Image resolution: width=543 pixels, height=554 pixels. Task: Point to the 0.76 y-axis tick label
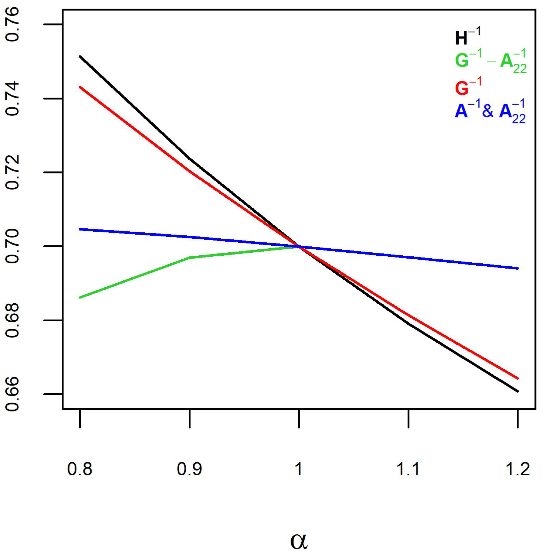point(13,24)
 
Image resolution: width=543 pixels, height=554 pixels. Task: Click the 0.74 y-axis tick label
point(13,99)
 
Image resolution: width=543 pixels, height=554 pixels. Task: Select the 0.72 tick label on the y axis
point(13,172)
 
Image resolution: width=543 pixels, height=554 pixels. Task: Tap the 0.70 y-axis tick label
point(13,246)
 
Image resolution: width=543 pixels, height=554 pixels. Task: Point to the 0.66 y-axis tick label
point(13,394)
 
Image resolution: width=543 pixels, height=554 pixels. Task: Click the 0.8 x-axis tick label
point(80,469)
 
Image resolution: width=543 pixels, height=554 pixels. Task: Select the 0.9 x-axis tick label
point(189,469)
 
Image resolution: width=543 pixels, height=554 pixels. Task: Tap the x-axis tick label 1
point(299,469)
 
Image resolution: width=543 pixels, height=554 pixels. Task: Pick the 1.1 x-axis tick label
point(408,469)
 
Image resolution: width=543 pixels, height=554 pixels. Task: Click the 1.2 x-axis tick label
point(518,469)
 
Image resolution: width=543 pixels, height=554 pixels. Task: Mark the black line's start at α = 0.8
point(80,56)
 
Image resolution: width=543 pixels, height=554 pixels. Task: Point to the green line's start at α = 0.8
point(80,297)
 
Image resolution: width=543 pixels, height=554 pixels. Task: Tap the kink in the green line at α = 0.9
point(190,257)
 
